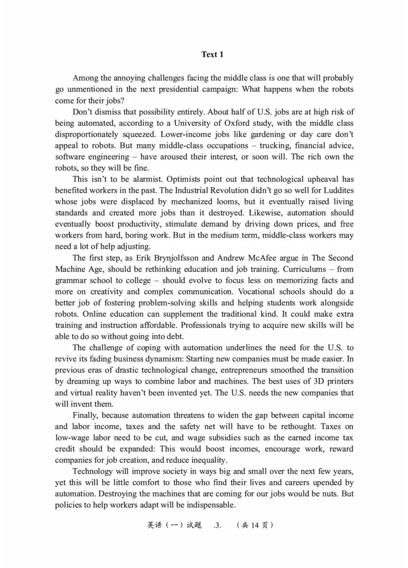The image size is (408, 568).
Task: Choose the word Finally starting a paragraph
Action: coord(88,415)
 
